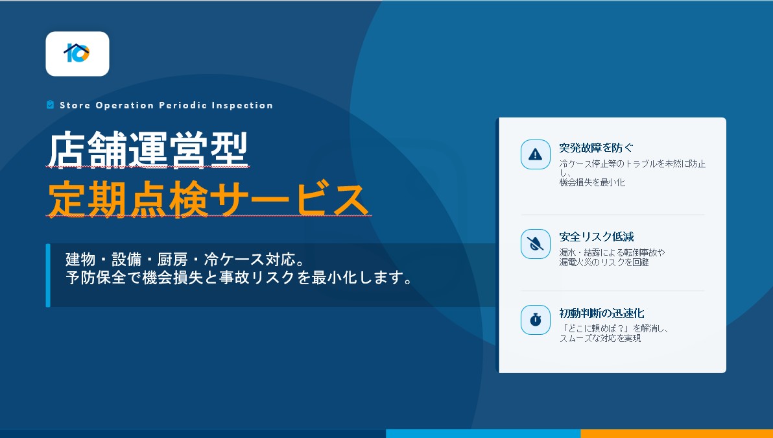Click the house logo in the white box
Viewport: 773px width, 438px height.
[77, 53]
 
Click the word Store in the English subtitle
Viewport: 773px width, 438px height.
[75, 105]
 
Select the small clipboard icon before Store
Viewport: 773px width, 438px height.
[50, 104]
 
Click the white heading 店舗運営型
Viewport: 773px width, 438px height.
[147, 150]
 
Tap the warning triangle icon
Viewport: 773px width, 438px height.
[536, 154]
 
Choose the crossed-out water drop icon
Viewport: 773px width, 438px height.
[536, 244]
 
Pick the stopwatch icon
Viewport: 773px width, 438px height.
[536, 320]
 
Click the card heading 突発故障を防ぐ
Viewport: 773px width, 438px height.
[596, 147]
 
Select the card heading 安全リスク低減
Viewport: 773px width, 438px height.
[597, 237]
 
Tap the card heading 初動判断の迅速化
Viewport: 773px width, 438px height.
[601, 313]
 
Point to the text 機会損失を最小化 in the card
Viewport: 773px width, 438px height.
[592, 182]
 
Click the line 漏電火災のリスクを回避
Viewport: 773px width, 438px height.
[604, 262]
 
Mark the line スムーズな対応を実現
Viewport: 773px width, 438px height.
[600, 338]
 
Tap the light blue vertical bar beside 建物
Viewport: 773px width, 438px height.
[48, 275]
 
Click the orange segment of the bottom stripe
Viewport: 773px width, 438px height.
[677, 433]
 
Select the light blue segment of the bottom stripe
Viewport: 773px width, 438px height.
[483, 433]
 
